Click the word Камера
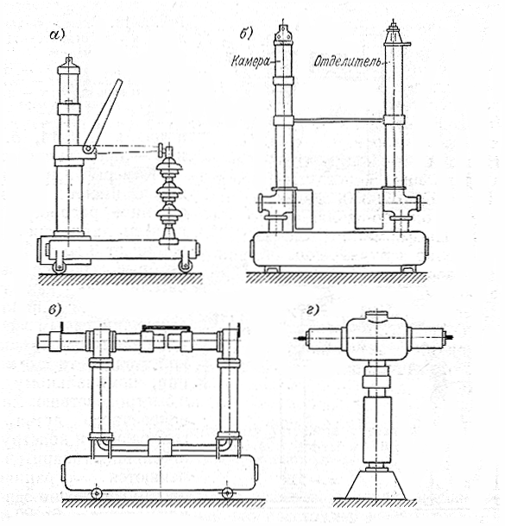pyautogui.click(x=250, y=62)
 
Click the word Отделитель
pyautogui.click(x=348, y=62)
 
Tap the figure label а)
pyautogui.click(x=57, y=34)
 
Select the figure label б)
pyautogui.click(x=245, y=34)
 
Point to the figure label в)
pyautogui.click(x=54, y=310)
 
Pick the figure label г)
pyautogui.click(x=312, y=310)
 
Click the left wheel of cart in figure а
pyautogui.click(x=59, y=267)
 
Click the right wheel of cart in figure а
pyautogui.click(x=186, y=266)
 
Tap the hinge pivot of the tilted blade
pyautogui.click(x=88, y=148)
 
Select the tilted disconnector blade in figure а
pyautogui.click(x=103, y=116)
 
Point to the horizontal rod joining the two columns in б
pyautogui.click(x=339, y=119)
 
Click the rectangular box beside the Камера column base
pyautogui.click(x=304, y=210)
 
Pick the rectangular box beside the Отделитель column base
pyautogui.click(x=369, y=209)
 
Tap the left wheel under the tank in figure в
pyautogui.click(x=97, y=493)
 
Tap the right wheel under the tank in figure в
pyautogui.click(x=228, y=492)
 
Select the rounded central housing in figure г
pyautogui.click(x=376, y=338)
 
